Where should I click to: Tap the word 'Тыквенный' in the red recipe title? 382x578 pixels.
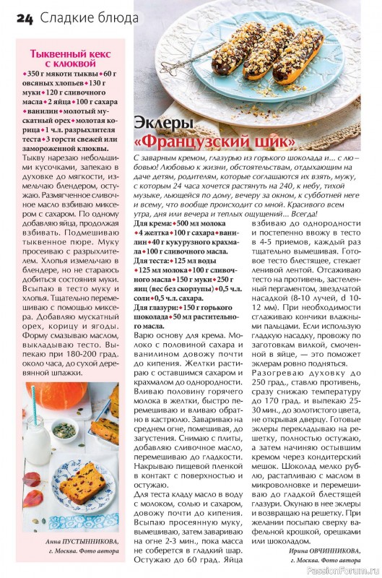pos(58,53)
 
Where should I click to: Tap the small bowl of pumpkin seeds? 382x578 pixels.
pos(64,431)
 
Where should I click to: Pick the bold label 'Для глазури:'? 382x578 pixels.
pos(157,309)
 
